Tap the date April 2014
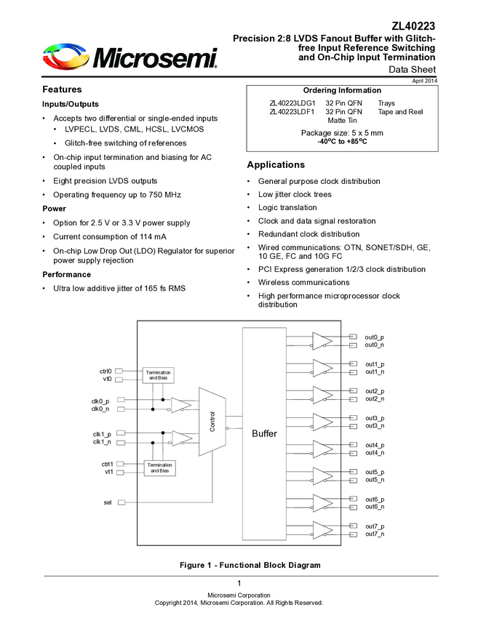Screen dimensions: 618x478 (x=425, y=81)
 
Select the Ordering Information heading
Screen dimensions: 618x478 (x=341, y=90)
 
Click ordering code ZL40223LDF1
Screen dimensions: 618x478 (x=292, y=112)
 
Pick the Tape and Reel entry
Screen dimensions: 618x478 (x=400, y=112)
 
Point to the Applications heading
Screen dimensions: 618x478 (x=276, y=165)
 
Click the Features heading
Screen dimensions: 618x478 (x=62, y=89)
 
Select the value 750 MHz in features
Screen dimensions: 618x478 (x=164, y=195)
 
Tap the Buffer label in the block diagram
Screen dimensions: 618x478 (x=264, y=433)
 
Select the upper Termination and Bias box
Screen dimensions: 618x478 (x=158, y=375)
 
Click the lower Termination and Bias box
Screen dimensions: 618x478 (x=159, y=467)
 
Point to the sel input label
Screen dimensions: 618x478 (x=107, y=502)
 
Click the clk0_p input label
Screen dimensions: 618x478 (x=100, y=401)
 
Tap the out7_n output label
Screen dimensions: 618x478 (x=375, y=534)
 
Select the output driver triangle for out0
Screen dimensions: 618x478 (x=322, y=340)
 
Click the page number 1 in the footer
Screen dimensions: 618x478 (x=239, y=584)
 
